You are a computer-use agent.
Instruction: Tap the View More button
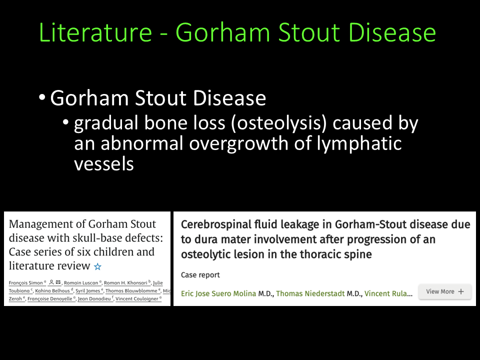(445, 291)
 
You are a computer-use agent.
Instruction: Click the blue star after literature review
(97, 266)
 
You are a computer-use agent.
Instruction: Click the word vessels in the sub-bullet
(104, 164)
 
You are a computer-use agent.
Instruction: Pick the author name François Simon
(25, 283)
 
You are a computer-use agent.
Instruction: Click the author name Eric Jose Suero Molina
(218, 293)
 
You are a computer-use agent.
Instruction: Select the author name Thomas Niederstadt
(310, 293)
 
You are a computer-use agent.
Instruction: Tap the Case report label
(200, 275)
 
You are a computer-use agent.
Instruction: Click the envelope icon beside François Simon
(58, 282)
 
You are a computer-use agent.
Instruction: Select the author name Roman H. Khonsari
(125, 283)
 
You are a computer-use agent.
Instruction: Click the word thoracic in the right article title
(320, 254)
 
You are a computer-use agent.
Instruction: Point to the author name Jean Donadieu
(94, 299)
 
